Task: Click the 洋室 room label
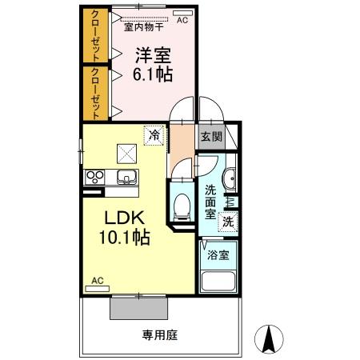[x=152, y=55]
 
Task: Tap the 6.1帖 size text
[x=152, y=74]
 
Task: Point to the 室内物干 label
[x=145, y=26]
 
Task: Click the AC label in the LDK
[x=98, y=281]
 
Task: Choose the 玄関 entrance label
[x=212, y=136]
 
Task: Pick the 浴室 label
[x=218, y=255]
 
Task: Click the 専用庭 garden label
[x=159, y=335]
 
